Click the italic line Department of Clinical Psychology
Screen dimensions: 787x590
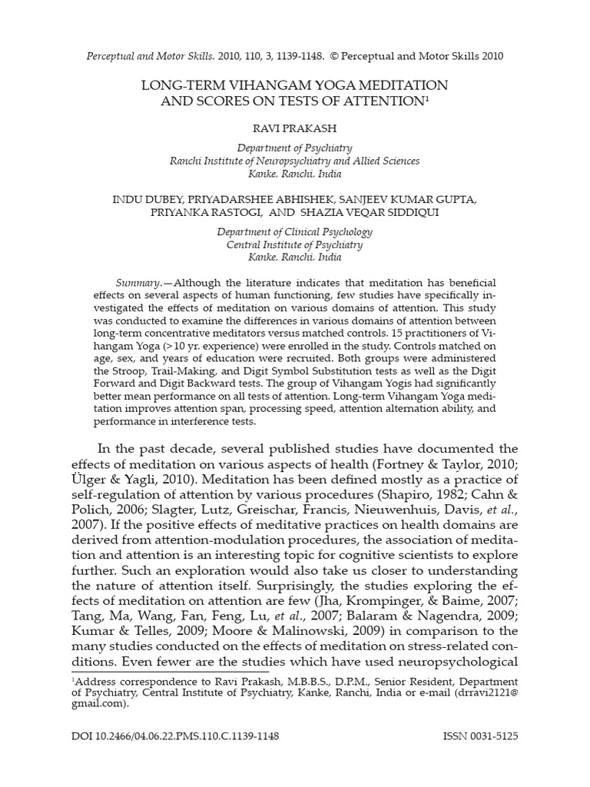[295, 231]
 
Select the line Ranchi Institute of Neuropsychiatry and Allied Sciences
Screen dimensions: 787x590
[295, 161]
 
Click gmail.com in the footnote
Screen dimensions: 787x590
[97, 702]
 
